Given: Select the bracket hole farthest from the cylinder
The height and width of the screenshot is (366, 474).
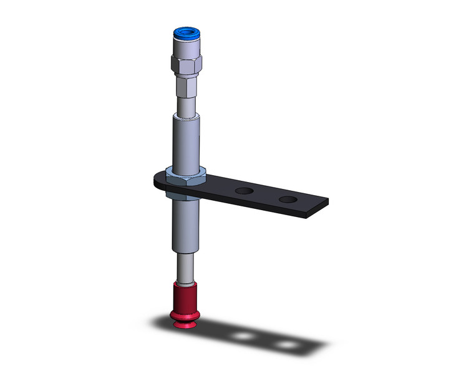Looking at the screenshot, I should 288,200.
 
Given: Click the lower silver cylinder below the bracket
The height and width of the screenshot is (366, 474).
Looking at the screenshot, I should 185,224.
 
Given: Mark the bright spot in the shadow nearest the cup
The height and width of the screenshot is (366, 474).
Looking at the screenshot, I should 241,336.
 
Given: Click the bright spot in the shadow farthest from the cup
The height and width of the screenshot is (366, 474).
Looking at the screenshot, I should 286,344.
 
